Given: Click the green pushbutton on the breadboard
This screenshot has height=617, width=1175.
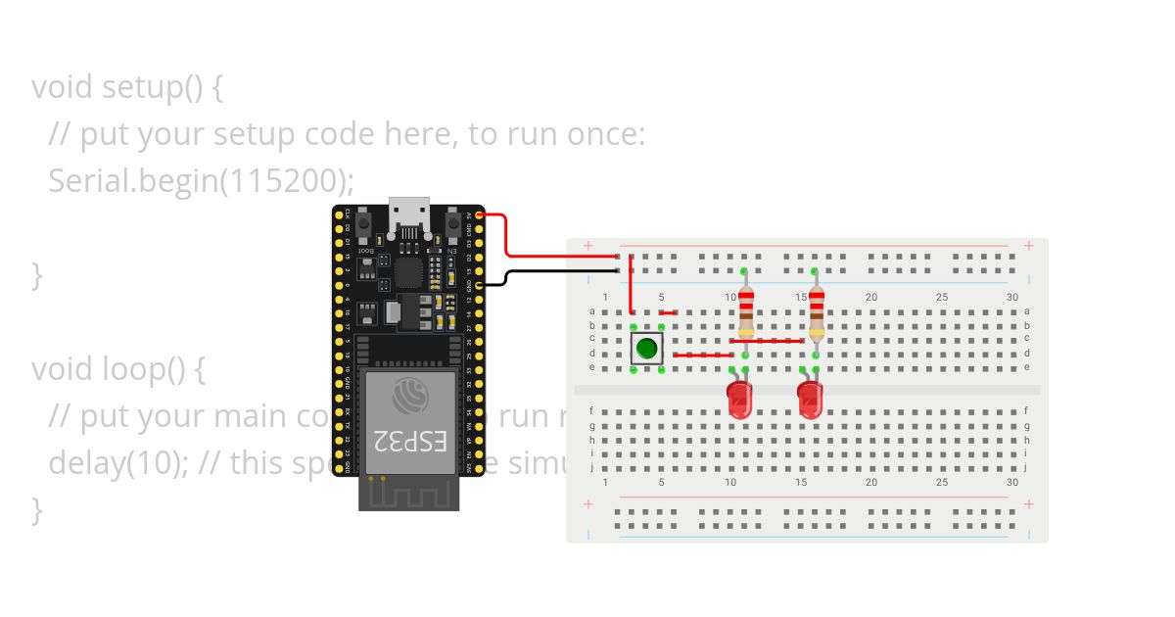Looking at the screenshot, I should click(646, 347).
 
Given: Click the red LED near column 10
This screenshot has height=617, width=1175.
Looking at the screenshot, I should click(739, 400).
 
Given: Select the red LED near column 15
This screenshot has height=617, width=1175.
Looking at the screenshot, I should click(810, 400).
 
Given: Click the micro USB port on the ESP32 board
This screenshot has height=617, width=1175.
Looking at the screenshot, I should click(408, 215).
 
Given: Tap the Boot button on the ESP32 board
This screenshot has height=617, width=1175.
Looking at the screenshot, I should click(363, 226).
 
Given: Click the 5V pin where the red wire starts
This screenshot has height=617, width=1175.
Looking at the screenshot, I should click(479, 214).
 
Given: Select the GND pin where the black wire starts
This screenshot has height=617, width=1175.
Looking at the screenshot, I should click(479, 285).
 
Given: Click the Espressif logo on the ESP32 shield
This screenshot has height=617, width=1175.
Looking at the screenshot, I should click(409, 396).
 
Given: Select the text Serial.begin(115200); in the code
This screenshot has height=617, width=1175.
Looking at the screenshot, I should click(201, 180).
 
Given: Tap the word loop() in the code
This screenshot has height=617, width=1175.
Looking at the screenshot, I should click(156, 369).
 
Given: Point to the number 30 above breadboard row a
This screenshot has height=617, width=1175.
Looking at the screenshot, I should click(1012, 298).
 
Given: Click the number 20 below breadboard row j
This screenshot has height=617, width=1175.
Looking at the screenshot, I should click(870, 483).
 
